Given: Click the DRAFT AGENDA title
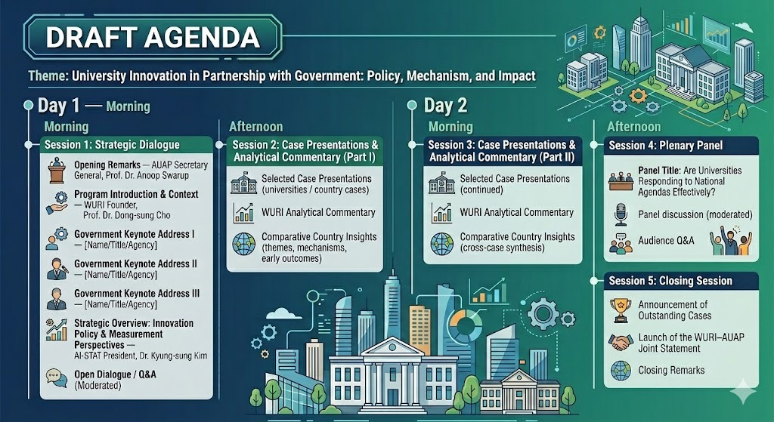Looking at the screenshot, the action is pos(153,38).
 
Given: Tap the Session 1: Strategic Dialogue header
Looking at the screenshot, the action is pos(112,144).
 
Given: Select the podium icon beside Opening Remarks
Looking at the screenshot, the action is pos(57,170).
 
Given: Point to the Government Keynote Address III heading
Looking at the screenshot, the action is pos(137,294).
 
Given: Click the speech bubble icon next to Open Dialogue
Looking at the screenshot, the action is pos(56,378).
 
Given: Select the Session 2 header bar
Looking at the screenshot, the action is pos(305,151).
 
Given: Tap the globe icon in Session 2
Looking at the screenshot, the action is pos(244,245).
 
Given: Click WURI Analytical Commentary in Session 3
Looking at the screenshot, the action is pos(516,212).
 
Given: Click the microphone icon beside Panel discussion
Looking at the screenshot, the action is pos(621,214).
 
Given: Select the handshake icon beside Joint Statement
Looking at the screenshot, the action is pos(621,342).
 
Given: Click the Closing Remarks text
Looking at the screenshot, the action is pos(671,370).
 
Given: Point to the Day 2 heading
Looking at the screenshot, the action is pos(445,106).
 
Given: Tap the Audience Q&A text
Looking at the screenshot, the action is pos(666,241).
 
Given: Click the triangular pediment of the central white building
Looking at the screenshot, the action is pos(392,346).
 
